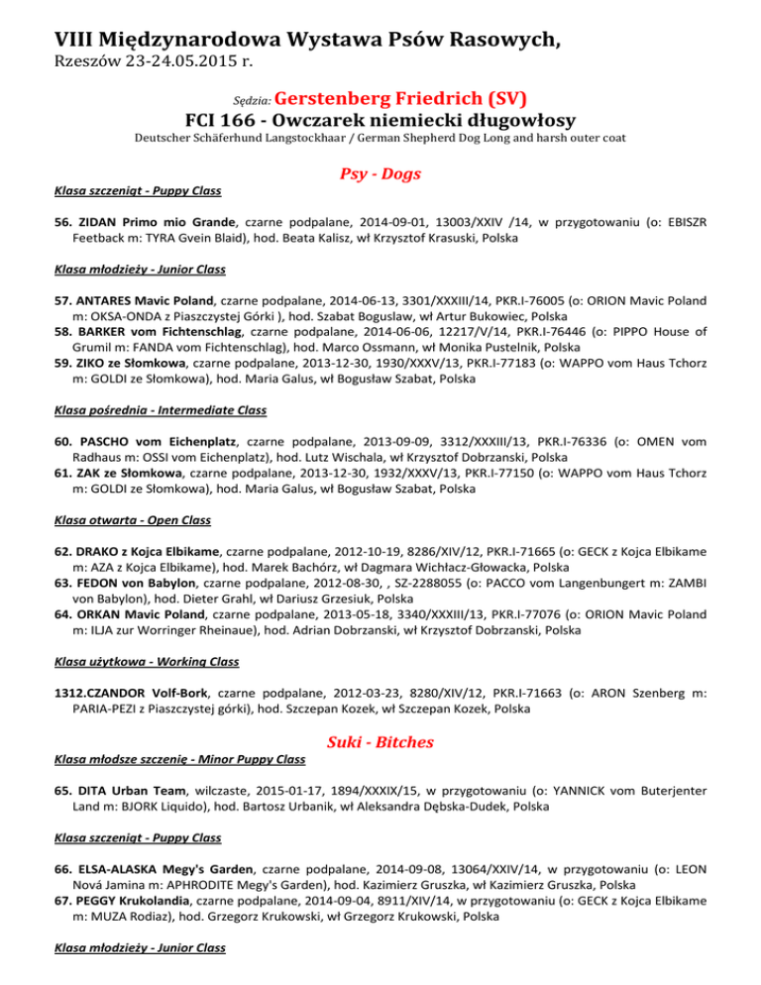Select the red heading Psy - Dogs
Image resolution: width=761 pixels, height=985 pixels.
click(380, 175)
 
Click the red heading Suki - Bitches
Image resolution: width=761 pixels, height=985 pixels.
click(380, 743)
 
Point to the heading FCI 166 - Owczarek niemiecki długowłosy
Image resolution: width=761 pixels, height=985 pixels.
click(380, 124)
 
